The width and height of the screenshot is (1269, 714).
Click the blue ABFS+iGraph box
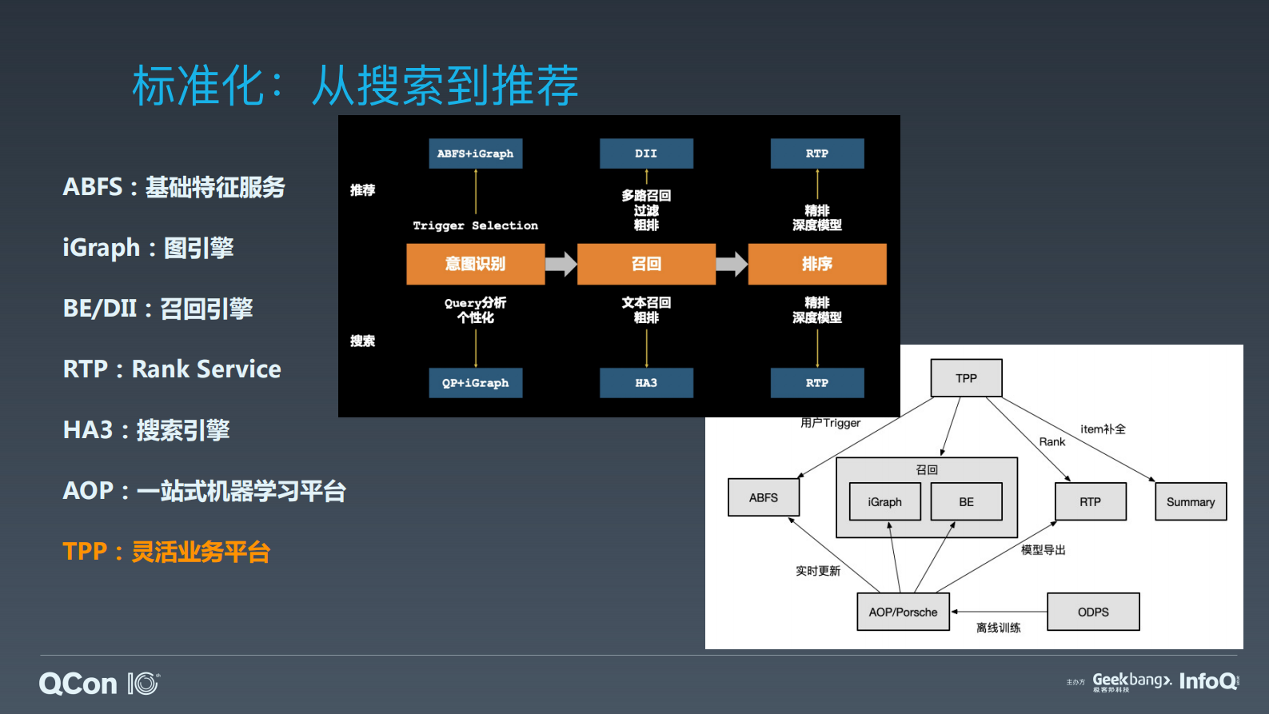click(x=475, y=154)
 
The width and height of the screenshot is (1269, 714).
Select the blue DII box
click(x=646, y=154)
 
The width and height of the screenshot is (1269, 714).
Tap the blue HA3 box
click(x=646, y=383)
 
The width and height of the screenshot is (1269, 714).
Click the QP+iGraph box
click(x=475, y=383)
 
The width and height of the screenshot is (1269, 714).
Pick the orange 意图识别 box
click(x=475, y=264)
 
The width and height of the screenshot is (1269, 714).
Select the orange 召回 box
click(x=646, y=264)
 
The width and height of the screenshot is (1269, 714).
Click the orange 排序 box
click(x=817, y=264)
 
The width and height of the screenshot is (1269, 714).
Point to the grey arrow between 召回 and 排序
click(x=732, y=264)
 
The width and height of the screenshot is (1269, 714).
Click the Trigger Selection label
click(x=475, y=225)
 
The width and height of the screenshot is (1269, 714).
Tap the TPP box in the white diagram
click(x=966, y=378)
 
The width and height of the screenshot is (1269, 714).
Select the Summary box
click(x=1190, y=502)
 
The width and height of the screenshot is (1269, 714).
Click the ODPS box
click(x=1092, y=612)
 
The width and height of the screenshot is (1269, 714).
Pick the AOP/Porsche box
click(x=903, y=612)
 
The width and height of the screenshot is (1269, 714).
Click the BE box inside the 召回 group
click(x=966, y=502)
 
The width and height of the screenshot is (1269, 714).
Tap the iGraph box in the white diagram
click(x=884, y=502)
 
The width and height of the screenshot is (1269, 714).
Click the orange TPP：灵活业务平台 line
click(x=166, y=552)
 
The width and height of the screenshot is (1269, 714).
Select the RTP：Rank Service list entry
click(x=172, y=369)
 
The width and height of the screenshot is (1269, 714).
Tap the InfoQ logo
click(x=1207, y=681)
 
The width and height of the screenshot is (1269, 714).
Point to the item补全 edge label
click(x=1103, y=429)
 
